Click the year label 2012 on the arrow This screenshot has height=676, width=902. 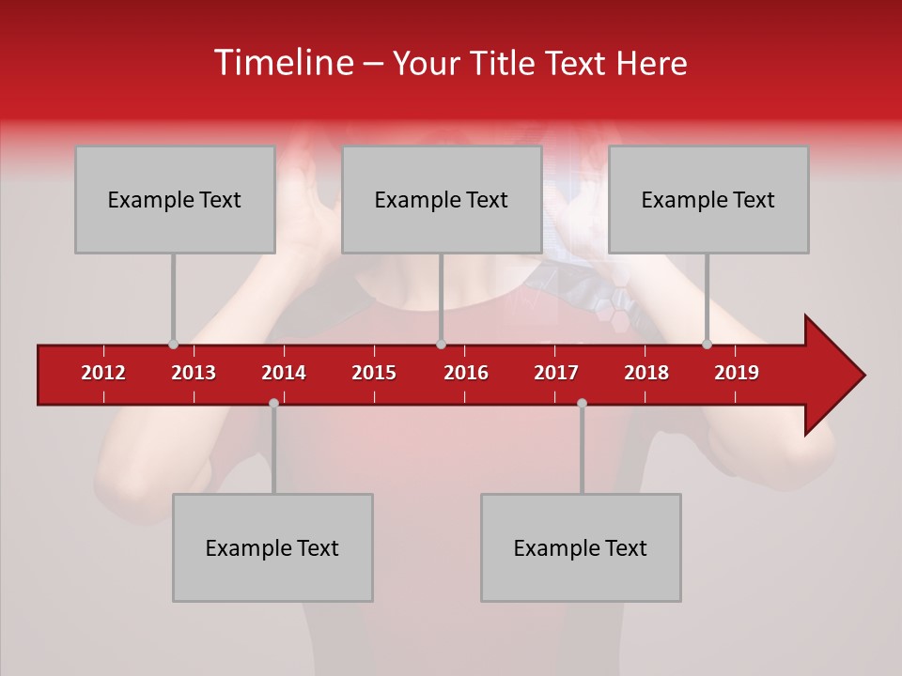[x=103, y=373]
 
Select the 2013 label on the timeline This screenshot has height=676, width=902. [x=194, y=373]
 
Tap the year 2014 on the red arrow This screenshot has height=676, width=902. [x=284, y=373]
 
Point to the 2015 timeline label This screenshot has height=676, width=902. [x=374, y=373]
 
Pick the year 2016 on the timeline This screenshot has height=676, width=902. [x=466, y=373]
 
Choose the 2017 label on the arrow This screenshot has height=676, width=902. [x=556, y=373]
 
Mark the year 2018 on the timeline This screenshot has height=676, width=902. [x=646, y=373]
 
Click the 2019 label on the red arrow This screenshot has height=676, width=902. [x=737, y=373]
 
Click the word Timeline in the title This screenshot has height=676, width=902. [x=282, y=63]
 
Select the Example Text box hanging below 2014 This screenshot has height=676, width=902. [x=272, y=547]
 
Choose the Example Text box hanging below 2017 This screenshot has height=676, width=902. [x=581, y=547]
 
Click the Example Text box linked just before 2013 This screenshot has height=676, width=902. [x=175, y=199]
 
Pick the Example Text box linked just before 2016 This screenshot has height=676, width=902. [x=442, y=199]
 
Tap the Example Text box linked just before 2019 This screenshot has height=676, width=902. [x=708, y=199]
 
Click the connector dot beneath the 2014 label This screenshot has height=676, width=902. [x=273, y=403]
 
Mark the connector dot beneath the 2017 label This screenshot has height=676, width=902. [x=582, y=403]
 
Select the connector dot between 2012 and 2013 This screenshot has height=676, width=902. [x=173, y=344]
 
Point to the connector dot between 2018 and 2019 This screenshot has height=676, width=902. [x=707, y=344]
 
